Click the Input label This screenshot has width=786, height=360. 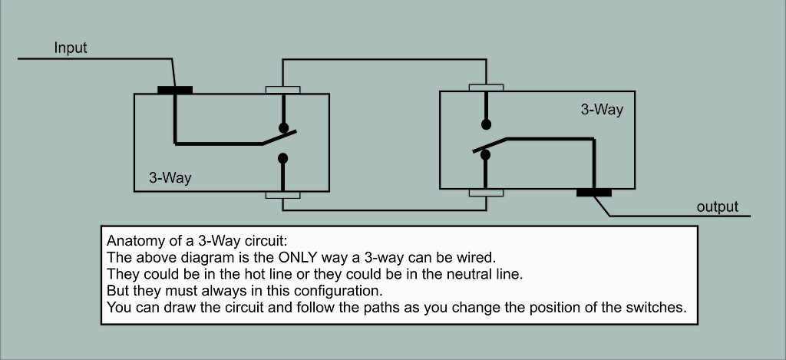tap(71, 48)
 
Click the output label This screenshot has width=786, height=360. tap(717, 206)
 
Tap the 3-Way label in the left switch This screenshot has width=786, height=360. tap(170, 178)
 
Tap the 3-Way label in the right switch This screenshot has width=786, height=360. tap(602, 110)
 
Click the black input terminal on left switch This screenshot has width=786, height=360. tap(175, 90)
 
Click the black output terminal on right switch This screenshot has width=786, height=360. tap(594, 192)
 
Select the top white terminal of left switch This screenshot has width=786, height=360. tap(282, 90)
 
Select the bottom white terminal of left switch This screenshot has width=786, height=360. tap(282, 195)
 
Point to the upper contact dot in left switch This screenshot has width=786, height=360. tap(283, 127)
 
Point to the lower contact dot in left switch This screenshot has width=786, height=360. tap(283, 159)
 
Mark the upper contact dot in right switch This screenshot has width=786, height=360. tap(485, 124)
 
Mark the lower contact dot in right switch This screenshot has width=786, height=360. tap(485, 155)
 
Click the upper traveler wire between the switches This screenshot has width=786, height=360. tap(384, 60)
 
